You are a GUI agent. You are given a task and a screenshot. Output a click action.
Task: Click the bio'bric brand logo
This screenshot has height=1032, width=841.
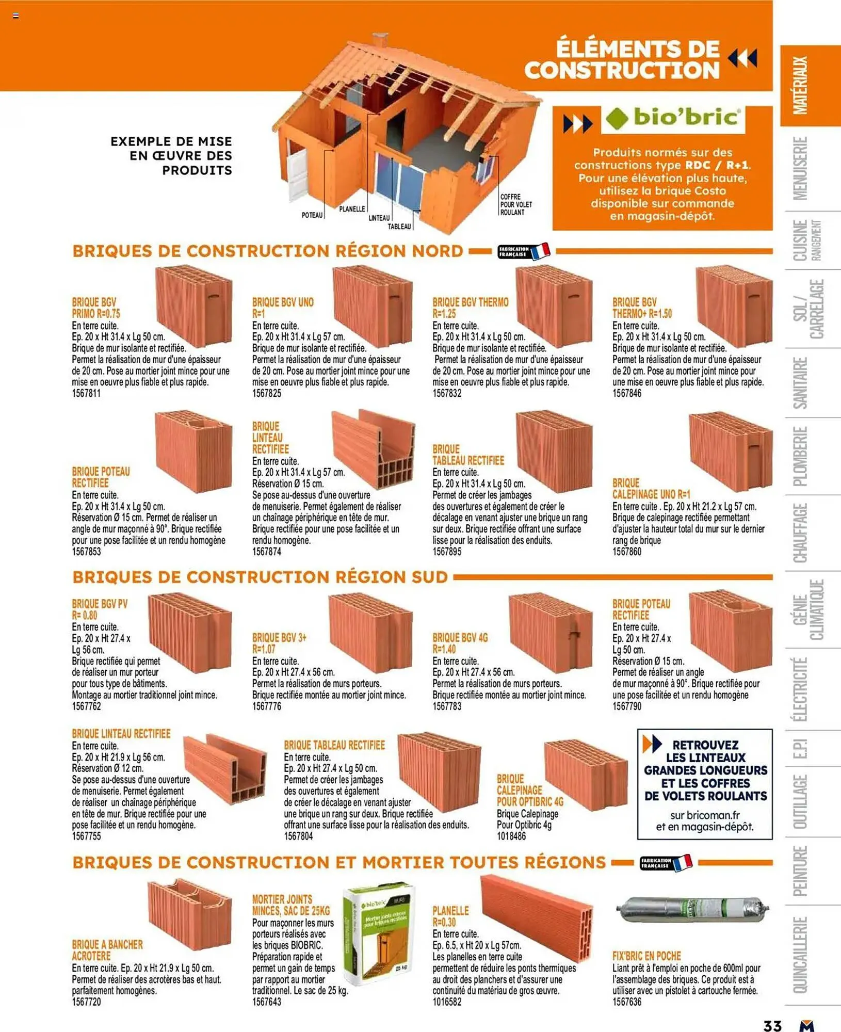[673, 118]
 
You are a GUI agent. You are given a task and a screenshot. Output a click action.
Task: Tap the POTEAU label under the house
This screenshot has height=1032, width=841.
[312, 215]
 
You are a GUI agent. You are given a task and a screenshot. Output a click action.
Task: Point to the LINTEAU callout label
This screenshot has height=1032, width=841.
[379, 218]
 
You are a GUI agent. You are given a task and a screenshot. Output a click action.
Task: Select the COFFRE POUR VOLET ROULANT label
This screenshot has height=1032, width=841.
[515, 204]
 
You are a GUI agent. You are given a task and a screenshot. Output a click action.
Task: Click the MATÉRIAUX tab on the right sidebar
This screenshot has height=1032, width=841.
[801, 86]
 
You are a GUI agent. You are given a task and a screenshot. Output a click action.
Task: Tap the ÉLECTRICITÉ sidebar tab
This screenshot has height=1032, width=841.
[801, 689]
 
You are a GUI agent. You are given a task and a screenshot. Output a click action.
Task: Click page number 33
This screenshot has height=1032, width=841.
[772, 1025]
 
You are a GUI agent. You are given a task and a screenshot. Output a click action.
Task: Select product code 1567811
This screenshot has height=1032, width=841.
[86, 393]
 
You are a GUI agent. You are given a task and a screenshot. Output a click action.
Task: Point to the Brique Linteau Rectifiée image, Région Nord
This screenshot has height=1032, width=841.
[373, 448]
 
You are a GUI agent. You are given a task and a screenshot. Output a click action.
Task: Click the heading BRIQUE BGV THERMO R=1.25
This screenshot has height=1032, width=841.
[470, 308]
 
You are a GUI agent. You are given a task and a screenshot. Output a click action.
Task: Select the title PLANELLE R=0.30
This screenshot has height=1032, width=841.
[450, 916]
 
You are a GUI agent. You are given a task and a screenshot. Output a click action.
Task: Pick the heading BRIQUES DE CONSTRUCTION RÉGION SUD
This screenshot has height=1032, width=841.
[260, 577]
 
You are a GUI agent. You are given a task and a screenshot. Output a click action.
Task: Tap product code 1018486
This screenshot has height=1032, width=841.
[511, 836]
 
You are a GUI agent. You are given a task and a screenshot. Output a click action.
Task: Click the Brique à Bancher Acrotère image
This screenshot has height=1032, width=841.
[189, 913]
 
